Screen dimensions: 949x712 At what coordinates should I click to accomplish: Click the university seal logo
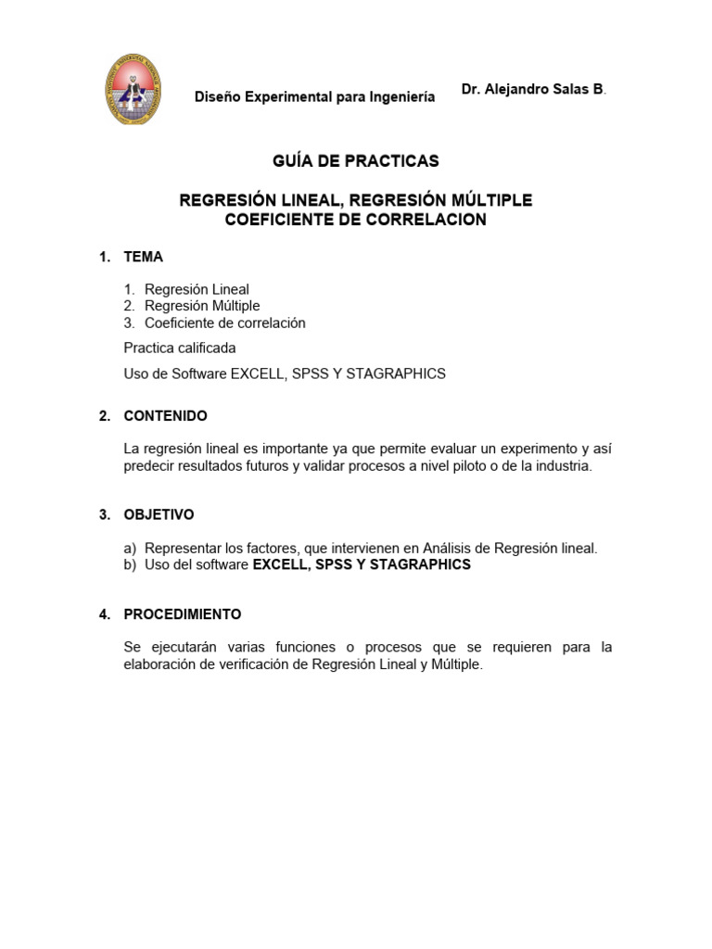click(x=131, y=89)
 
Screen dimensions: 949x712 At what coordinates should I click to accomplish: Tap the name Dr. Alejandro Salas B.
click(x=533, y=89)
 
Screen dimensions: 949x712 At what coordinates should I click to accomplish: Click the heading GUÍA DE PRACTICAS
click(x=355, y=161)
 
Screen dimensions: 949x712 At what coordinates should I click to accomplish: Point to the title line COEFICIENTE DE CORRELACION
click(x=355, y=220)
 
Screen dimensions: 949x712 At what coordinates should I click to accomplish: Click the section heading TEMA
click(x=143, y=257)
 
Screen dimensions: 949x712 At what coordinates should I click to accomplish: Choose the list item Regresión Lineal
click(x=197, y=289)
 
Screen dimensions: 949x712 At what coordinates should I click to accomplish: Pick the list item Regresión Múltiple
click(x=202, y=306)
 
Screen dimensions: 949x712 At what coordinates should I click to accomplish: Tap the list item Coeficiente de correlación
click(x=224, y=323)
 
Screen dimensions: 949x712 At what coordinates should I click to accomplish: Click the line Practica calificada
click(x=180, y=348)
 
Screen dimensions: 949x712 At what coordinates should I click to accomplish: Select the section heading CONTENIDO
click(x=165, y=416)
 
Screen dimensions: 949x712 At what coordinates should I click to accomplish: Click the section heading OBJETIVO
click(x=159, y=514)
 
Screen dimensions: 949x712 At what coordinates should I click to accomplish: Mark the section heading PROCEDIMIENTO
click(x=182, y=614)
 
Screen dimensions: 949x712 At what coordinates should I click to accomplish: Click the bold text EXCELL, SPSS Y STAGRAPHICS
click(x=362, y=564)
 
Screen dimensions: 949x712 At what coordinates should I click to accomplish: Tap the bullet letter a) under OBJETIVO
click(x=131, y=548)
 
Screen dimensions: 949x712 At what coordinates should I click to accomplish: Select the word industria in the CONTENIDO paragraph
click(x=561, y=466)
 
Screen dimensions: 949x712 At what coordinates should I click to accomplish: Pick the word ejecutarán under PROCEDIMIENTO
click(x=183, y=647)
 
